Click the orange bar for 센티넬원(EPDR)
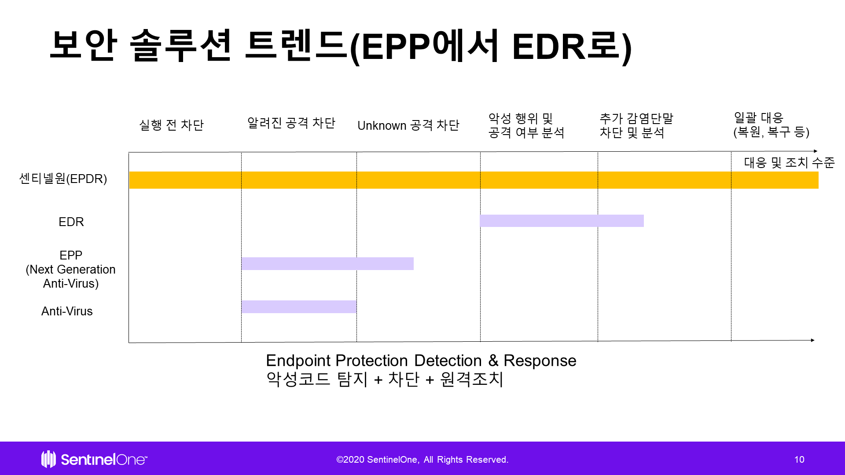474,180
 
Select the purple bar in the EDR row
562,221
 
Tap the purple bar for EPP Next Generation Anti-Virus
327,263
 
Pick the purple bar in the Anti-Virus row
299,307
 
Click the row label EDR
71,222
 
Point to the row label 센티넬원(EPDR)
63,179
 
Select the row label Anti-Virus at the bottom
67,311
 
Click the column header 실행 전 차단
172,125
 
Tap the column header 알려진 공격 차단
291,123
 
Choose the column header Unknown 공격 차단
408,125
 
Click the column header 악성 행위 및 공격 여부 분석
526,125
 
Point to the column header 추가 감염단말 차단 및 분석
636,125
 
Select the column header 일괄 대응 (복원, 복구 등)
772,124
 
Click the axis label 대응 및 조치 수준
790,163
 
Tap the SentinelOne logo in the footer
94,459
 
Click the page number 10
799,460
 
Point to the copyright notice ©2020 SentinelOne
422,460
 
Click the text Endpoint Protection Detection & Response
421,361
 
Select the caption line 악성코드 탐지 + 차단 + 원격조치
385,379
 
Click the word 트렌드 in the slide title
296,45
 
